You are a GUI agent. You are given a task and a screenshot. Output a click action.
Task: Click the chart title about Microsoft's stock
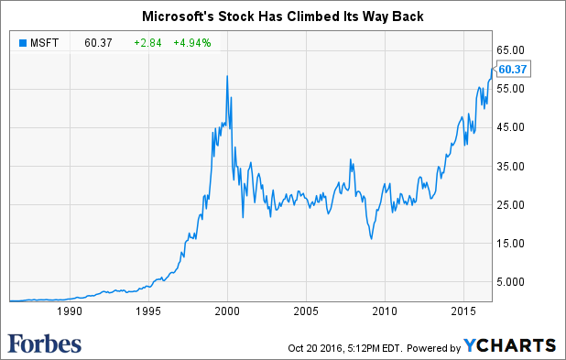(x=283, y=16)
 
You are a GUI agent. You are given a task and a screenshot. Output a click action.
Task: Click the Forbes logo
(x=45, y=344)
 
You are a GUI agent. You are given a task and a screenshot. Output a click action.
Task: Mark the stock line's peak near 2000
(x=226, y=75)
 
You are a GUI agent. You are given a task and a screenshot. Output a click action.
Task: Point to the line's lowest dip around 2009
(x=371, y=239)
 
